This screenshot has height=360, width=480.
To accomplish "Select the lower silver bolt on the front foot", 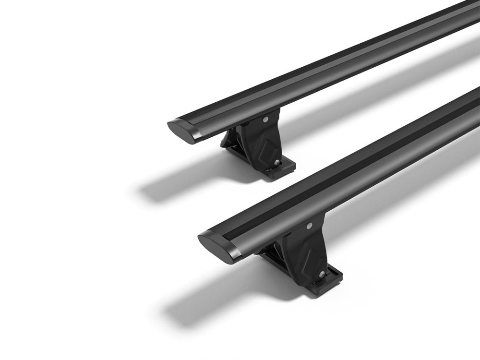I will click(321, 275).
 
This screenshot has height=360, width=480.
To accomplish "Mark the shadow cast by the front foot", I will click(216, 302).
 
